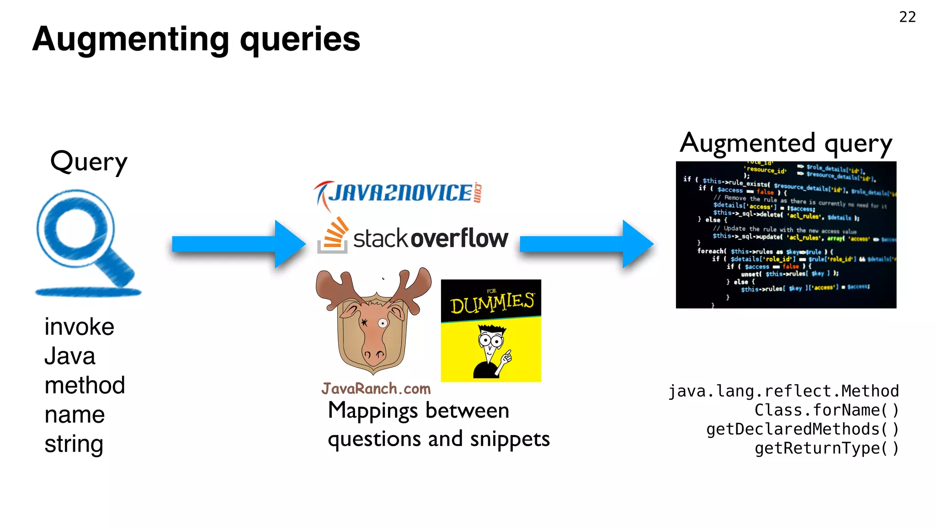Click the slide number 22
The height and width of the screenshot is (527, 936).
pos(907,17)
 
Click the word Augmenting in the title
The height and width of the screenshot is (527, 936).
pos(130,40)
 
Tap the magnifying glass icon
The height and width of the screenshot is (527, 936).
pos(82,238)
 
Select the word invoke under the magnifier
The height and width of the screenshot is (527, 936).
pos(79,327)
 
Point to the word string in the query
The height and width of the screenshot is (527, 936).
pos(74,444)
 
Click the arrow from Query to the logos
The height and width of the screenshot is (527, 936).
pos(238,244)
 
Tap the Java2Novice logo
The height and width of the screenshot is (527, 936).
pos(398,194)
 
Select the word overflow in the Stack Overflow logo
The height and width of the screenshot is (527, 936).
pos(459,238)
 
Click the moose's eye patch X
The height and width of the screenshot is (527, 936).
pos(364,323)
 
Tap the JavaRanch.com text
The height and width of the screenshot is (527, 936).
pos(376,389)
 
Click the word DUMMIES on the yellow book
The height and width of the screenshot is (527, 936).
pos(492,302)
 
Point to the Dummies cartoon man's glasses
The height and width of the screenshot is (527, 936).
pos(490,340)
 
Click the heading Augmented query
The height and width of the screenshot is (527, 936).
pos(786,144)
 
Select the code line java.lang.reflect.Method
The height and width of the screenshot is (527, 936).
pos(783,391)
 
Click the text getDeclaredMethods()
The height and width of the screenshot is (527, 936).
pos(802,429)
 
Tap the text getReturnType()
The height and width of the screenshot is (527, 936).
pos(826,448)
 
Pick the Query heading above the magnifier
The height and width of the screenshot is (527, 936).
pos(89,162)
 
